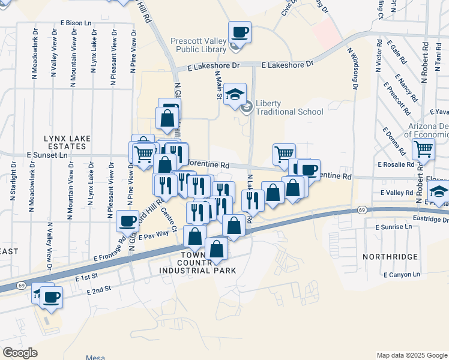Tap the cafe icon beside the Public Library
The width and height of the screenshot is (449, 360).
pyautogui.click(x=240, y=32)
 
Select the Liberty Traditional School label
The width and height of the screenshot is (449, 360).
pyautogui.click(x=289, y=107)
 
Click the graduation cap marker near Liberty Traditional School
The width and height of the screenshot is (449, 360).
pyautogui.click(x=235, y=94)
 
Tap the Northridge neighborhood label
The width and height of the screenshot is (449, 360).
pyautogui.click(x=390, y=256)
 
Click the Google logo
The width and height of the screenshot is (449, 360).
pyautogui.click(x=20, y=353)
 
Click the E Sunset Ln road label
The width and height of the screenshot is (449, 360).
pyautogui.click(x=47, y=155)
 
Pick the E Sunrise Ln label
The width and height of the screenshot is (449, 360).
pyautogui.click(x=393, y=227)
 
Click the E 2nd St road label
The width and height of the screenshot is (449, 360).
pyautogui.click(x=98, y=289)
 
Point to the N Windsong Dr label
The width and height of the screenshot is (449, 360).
pyautogui.click(x=354, y=69)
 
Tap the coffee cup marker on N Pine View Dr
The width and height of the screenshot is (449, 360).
pyautogui.click(x=127, y=221)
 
